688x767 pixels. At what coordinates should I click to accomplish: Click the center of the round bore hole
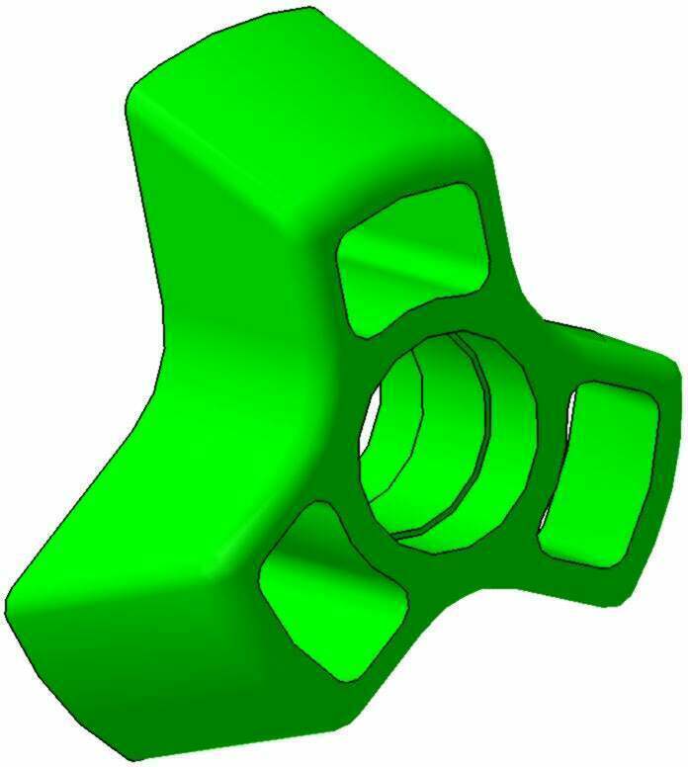pos(450,435)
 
